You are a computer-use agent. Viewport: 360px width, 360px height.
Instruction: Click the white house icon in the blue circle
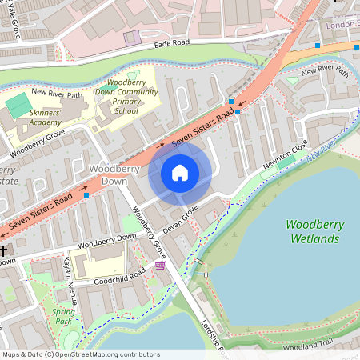click(x=180, y=173)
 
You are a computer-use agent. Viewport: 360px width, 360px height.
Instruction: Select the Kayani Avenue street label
click(x=70, y=281)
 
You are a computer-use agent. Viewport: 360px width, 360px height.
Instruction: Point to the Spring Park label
click(x=62, y=315)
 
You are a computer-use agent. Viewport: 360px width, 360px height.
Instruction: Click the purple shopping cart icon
click(x=160, y=266)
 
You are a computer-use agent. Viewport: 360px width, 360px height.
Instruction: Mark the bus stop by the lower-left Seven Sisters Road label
click(x=86, y=194)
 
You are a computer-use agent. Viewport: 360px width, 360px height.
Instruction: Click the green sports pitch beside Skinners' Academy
click(x=16, y=104)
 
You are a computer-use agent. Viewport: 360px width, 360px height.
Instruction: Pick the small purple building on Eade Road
click(x=131, y=37)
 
